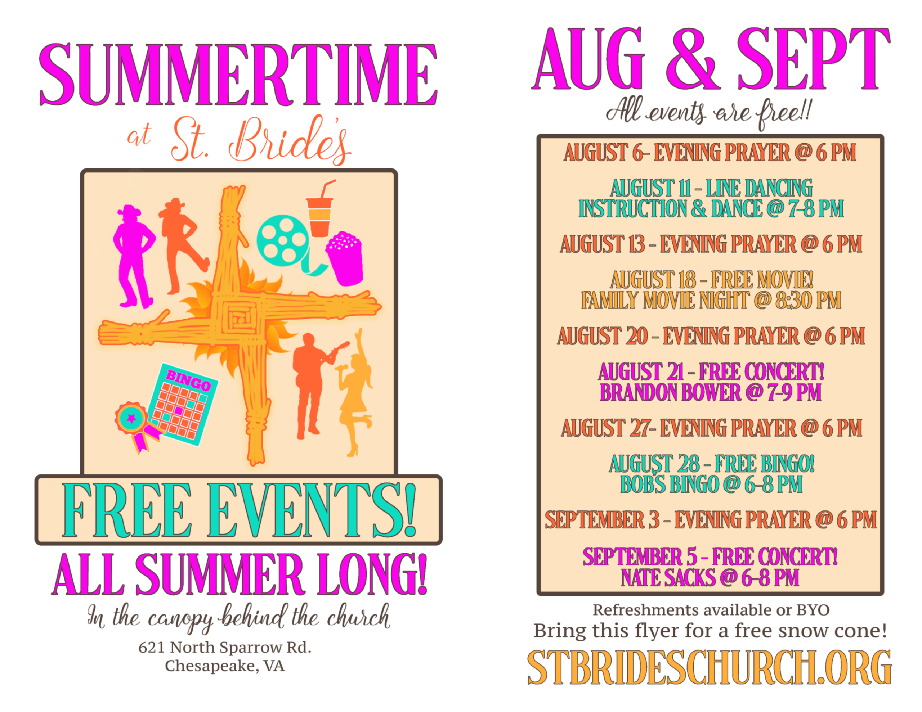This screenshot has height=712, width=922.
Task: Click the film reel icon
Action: tap(283, 241)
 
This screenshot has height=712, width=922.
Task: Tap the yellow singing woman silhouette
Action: tap(356, 392)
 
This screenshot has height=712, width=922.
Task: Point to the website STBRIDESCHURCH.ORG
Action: tap(709, 667)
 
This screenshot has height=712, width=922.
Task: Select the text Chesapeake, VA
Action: tap(225, 666)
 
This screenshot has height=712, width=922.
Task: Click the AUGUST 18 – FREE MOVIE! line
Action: tap(712, 279)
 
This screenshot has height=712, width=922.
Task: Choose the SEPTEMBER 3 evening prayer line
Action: tap(711, 520)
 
